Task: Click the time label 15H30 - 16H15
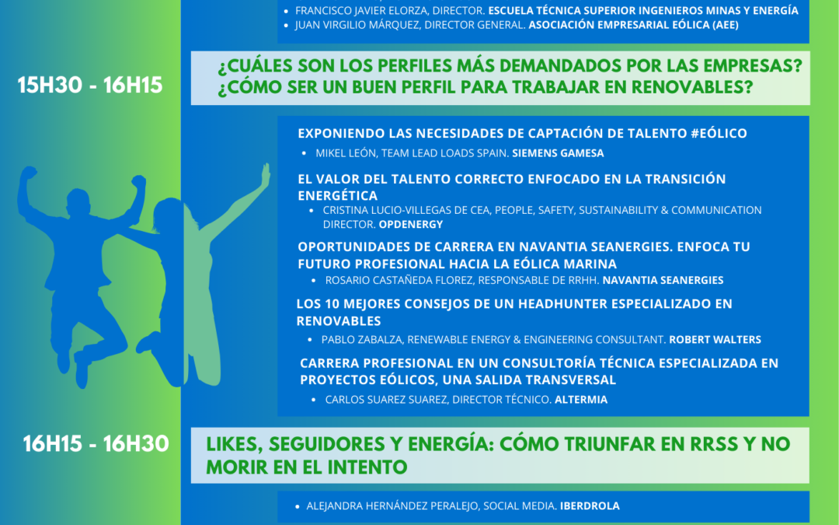pyautogui.click(x=90, y=86)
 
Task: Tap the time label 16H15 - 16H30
pyautogui.click(x=96, y=443)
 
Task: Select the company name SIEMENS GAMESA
pyautogui.click(x=558, y=153)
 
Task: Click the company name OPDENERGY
pyautogui.click(x=411, y=225)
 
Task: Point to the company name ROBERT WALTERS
pyautogui.click(x=715, y=340)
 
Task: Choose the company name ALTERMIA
pyautogui.click(x=581, y=400)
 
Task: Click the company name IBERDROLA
pyautogui.click(x=590, y=506)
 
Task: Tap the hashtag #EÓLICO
pyautogui.click(x=719, y=134)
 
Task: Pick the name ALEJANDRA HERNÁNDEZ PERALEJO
pyautogui.click(x=392, y=506)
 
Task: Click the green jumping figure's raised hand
pyautogui.click(x=266, y=174)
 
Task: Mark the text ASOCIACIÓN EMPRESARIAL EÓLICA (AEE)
pyautogui.click(x=634, y=25)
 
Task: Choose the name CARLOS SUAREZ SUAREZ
pyautogui.click(x=385, y=400)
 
